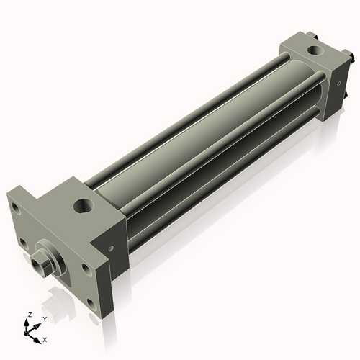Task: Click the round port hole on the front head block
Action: coord(84,206)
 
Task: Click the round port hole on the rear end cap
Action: coord(315,50)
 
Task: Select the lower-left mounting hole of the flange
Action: coord(23,243)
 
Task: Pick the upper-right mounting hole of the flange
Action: coord(86,268)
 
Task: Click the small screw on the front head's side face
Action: coord(111,248)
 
